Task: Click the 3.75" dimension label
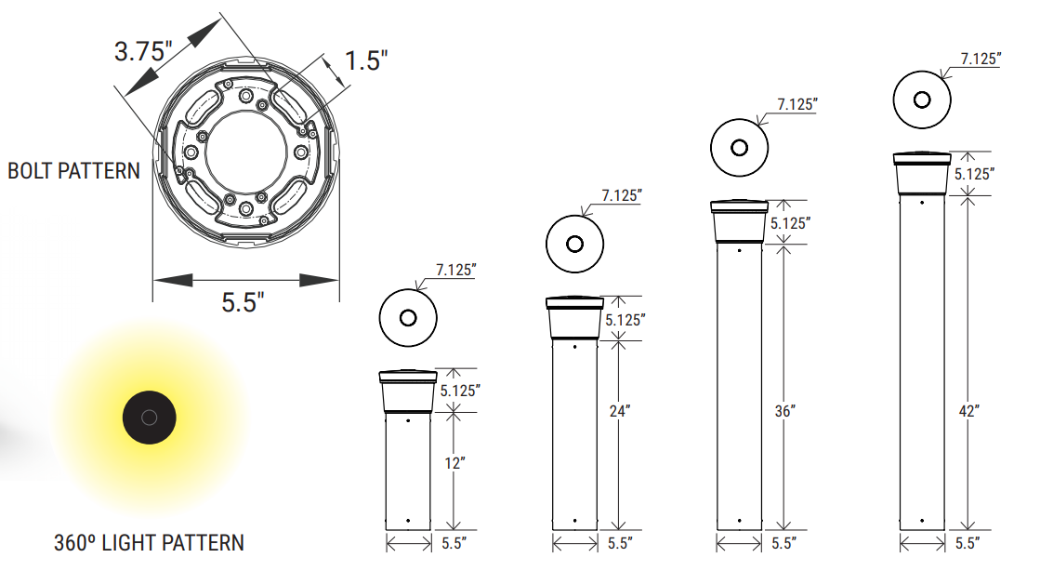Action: coord(142,51)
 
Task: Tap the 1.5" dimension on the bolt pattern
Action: coord(366,61)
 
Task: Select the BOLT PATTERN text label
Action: coord(73,171)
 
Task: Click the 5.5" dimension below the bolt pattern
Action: coord(243,302)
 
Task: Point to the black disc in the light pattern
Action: coord(150,418)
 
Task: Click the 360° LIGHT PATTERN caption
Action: coord(150,543)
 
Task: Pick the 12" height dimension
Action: coord(454,463)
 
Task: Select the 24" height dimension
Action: coord(620,411)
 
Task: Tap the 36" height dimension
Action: coord(784,411)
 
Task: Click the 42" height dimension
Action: coord(969,411)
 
